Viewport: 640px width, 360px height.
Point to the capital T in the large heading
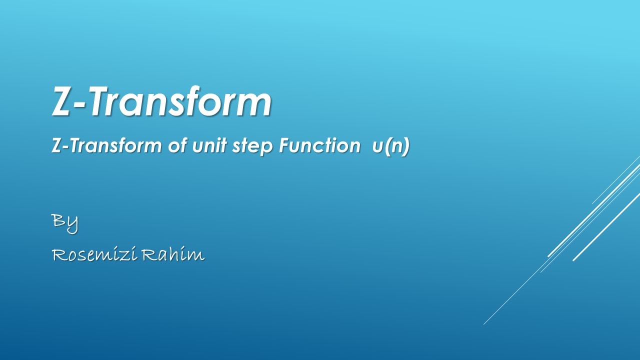(102, 101)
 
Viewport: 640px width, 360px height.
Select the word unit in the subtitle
(208, 146)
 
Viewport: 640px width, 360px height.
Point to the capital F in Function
(284, 145)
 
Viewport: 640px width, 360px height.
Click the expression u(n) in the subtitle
(390, 146)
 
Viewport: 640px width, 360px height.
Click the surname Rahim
(173, 255)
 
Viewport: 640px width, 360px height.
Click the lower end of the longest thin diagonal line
(484, 324)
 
